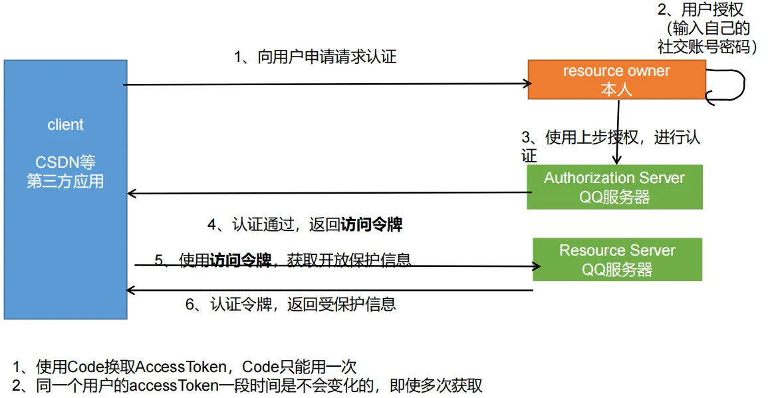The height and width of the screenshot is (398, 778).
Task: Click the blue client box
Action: pyautogui.click(x=65, y=220)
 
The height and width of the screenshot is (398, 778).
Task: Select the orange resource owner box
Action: pyautogui.click(x=616, y=80)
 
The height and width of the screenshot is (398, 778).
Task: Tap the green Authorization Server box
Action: pyautogui.click(x=614, y=187)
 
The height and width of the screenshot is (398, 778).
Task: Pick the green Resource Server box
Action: pyautogui.click(x=617, y=259)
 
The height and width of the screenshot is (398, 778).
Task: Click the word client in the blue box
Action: pyautogui.click(x=65, y=124)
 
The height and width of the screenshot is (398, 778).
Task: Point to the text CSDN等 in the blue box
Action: pyautogui.click(x=65, y=162)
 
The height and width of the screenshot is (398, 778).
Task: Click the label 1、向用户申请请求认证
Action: pyautogui.click(x=315, y=57)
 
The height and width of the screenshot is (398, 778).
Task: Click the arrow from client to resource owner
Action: pyautogui.click(x=326, y=85)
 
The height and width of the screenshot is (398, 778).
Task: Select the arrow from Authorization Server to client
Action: pyautogui.click(x=326, y=194)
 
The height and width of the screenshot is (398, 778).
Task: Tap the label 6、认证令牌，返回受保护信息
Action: pyautogui.click(x=291, y=305)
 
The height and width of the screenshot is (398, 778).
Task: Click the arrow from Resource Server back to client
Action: pyautogui.click(x=329, y=290)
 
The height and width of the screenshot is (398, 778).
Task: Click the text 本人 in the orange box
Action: pyautogui.click(x=616, y=89)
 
